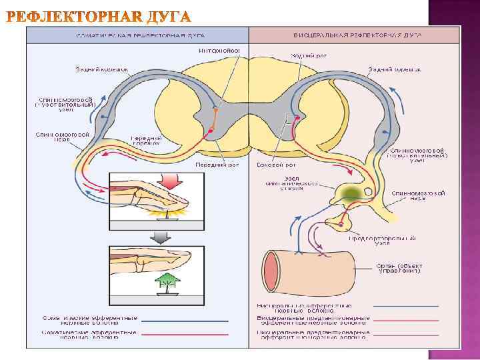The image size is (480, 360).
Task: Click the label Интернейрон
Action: (219, 49)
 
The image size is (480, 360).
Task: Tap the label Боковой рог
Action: (277, 165)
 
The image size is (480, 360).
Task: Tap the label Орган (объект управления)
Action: (401, 268)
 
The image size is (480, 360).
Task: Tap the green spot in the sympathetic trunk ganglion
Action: (352, 192)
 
